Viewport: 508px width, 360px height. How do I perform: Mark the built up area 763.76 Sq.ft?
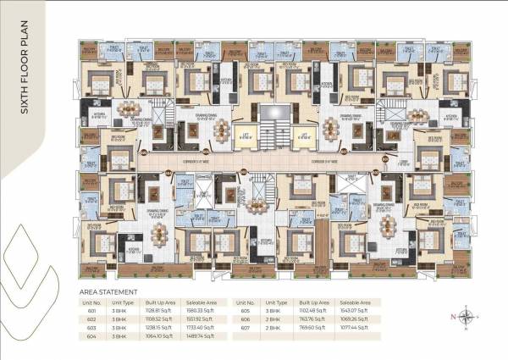(x=306, y=318)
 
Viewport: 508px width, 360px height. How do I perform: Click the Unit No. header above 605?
(x=246, y=301)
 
